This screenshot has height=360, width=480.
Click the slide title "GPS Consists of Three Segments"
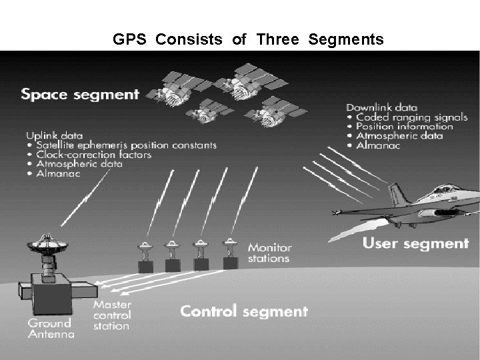pos(248,40)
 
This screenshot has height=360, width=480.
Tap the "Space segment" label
pos(80,93)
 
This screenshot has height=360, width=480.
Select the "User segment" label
pos(415,243)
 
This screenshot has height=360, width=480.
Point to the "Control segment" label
pos(245,311)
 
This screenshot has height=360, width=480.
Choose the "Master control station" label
pos(111,315)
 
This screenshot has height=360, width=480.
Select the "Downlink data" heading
pos(382,107)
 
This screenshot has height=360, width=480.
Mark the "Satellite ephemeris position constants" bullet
pos(122,145)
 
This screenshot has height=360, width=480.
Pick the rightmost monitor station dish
pos(228,245)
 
